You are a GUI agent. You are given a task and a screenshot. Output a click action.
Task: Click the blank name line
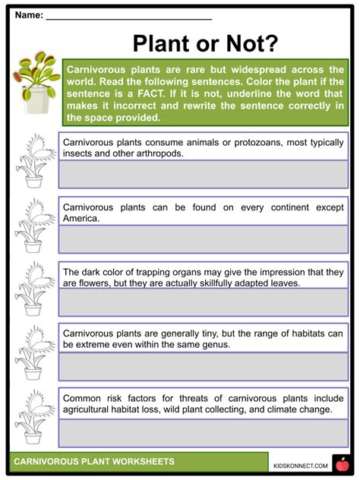129,17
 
